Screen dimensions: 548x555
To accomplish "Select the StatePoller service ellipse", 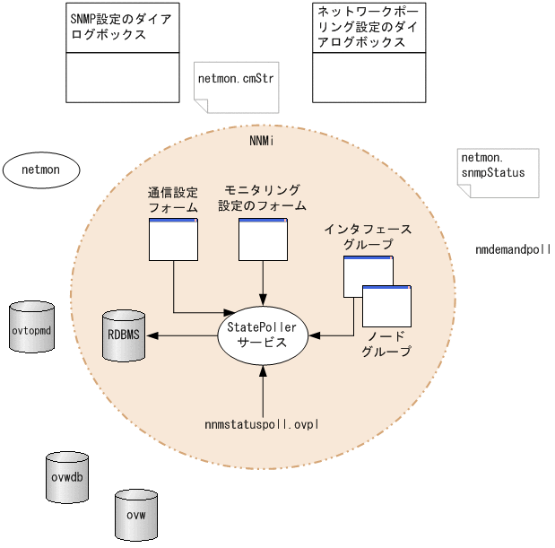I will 262,335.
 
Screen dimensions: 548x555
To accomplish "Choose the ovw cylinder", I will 136,514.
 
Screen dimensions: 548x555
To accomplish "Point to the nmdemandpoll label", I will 512,248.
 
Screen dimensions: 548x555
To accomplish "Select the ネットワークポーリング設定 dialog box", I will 368,53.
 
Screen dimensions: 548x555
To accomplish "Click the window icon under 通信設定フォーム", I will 172,239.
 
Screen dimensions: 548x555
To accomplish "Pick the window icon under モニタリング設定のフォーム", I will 262,239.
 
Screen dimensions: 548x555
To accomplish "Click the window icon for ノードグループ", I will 386,306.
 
